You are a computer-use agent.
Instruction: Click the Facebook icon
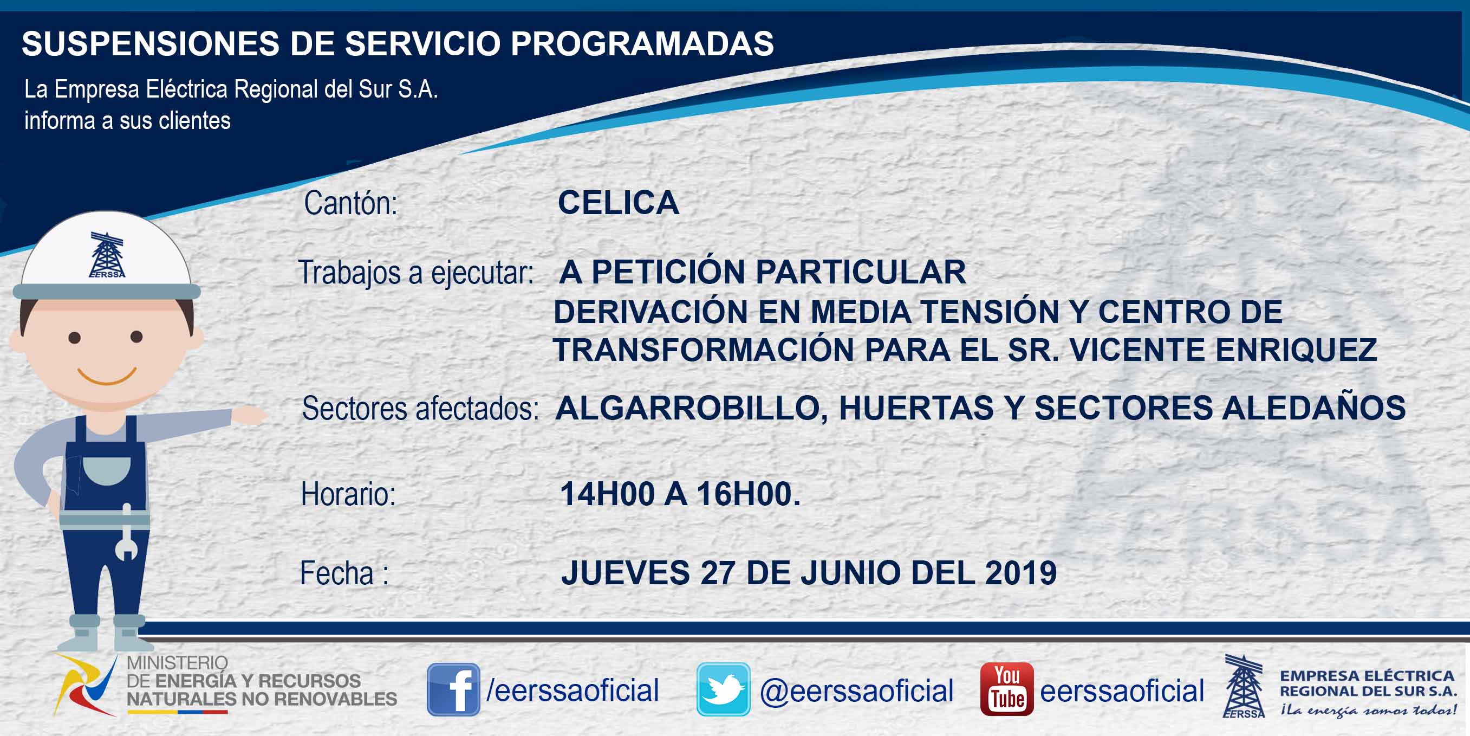453,689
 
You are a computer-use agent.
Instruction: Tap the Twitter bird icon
723,689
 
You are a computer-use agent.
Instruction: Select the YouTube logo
1006,689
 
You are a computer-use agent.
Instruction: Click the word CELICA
619,203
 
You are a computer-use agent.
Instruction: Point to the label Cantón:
350,203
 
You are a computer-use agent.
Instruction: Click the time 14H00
607,494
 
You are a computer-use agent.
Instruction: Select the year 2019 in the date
1021,573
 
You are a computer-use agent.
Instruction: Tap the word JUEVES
626,573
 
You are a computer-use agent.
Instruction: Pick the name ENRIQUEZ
1296,350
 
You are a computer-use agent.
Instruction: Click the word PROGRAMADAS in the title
642,43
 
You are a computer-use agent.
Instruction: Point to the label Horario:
348,494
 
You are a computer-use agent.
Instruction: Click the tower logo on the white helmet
107,255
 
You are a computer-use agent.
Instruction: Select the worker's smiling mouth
107,376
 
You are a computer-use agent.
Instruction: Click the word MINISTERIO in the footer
177,663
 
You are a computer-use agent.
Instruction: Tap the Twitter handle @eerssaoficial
856,691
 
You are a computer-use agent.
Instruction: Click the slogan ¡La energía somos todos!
1368,711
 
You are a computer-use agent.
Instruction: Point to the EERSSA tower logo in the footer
1244,686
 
